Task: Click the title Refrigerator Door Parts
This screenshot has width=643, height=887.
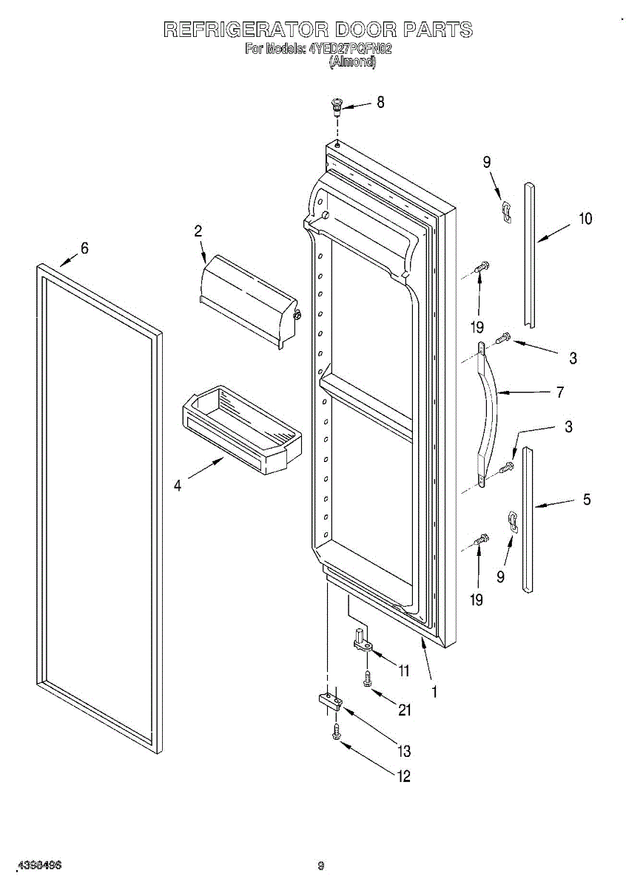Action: [x=317, y=30]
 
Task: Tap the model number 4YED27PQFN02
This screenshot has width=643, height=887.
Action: [x=349, y=49]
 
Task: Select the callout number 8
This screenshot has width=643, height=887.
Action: [x=380, y=103]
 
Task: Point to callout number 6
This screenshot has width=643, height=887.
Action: [x=84, y=249]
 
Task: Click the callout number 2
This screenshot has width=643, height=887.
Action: [x=198, y=231]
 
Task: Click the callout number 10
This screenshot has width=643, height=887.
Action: [x=585, y=219]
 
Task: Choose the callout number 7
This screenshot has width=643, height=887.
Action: [x=560, y=392]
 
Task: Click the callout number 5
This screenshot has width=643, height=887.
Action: [x=586, y=500]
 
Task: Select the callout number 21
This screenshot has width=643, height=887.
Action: [x=404, y=710]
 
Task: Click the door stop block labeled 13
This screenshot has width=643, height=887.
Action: [x=329, y=701]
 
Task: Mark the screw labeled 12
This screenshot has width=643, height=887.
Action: [x=336, y=733]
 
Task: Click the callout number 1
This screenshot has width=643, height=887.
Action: [x=434, y=693]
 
